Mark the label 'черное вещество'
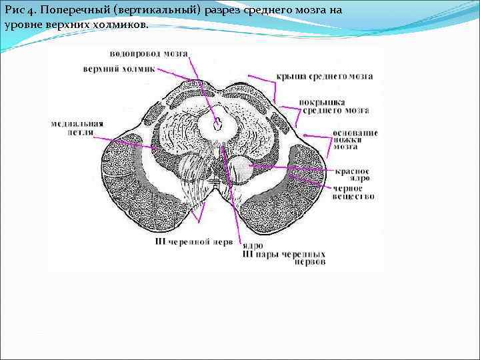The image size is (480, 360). click(x=354, y=192)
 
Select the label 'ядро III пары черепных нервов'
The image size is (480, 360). click(x=284, y=254)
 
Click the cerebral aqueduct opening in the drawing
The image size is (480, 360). click(x=218, y=123)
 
